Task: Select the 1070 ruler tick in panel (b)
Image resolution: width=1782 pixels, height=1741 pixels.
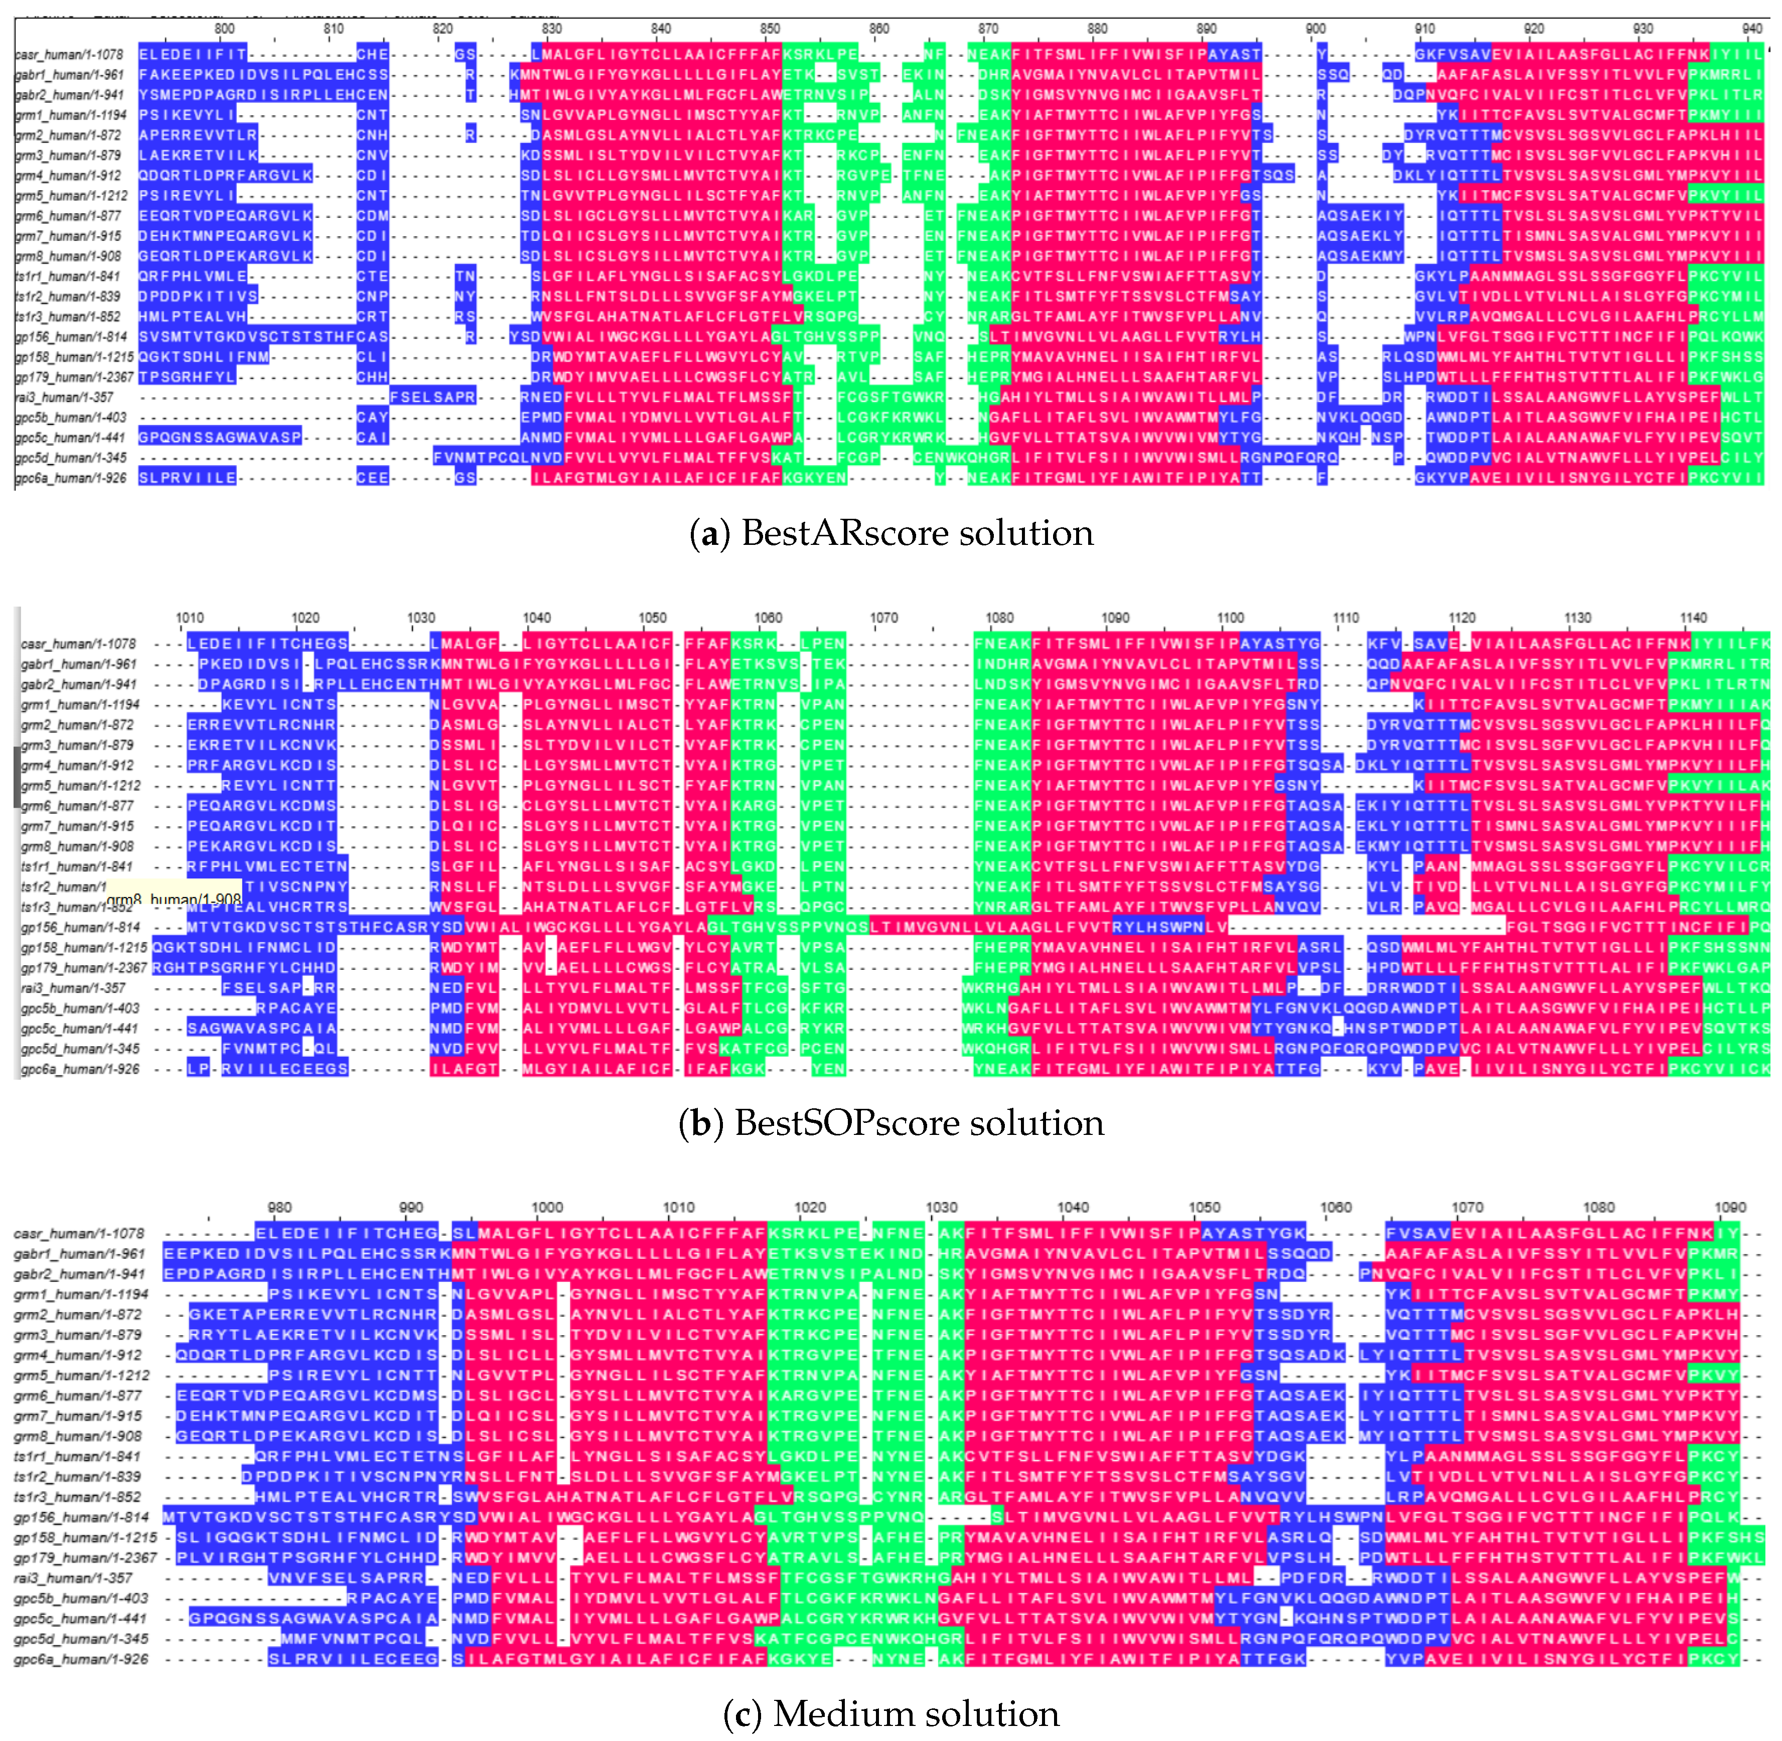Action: [x=884, y=618]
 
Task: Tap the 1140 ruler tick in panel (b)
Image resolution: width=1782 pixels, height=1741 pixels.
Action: [x=1693, y=618]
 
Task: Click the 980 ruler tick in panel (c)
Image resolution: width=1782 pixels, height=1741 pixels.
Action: [x=280, y=1208]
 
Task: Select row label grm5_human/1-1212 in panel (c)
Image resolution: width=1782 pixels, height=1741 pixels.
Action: [x=82, y=1375]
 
